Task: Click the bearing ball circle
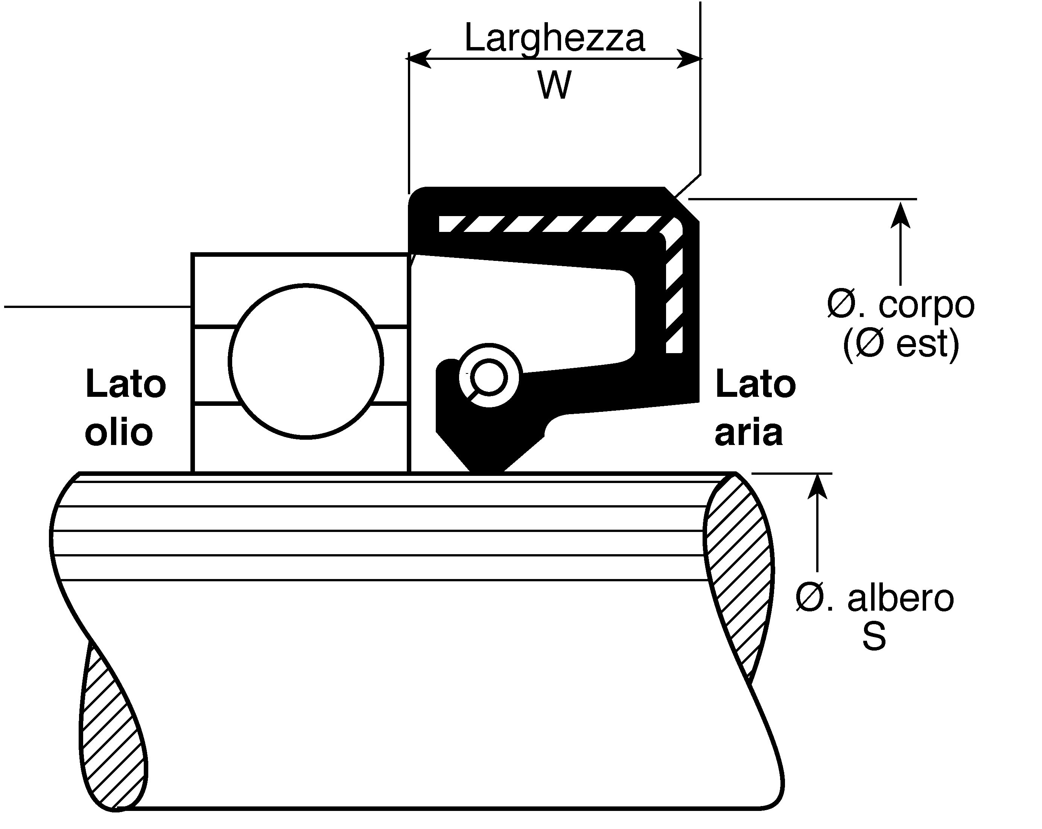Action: pyautogui.click(x=306, y=361)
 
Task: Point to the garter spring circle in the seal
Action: pyautogui.click(x=489, y=376)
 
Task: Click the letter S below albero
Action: pyautogui.click(x=874, y=636)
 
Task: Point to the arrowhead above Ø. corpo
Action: pyautogui.click(x=901, y=215)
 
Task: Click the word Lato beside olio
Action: pyautogui.click(x=126, y=385)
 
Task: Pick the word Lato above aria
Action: pyautogui.click(x=755, y=385)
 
